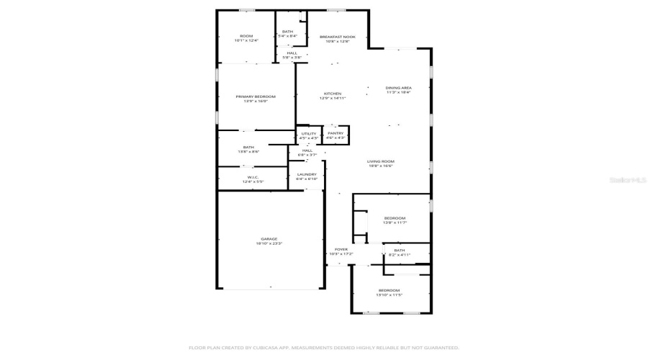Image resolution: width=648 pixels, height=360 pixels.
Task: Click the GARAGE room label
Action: click(x=269, y=239)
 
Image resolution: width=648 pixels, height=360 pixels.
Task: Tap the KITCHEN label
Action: click(x=332, y=94)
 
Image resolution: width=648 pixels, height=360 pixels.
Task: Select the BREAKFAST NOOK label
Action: click(x=338, y=36)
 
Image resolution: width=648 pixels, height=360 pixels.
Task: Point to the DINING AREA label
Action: click(x=398, y=88)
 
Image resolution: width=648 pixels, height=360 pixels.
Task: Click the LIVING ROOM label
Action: click(x=381, y=161)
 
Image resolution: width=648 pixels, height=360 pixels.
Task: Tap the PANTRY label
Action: click(x=336, y=132)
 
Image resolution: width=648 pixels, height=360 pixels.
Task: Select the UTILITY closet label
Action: click(x=309, y=133)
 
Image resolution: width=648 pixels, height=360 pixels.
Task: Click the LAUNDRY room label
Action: click(x=307, y=174)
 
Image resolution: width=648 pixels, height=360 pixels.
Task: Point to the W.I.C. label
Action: click(x=253, y=177)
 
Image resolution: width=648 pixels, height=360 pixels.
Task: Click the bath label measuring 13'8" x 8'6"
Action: click(x=248, y=148)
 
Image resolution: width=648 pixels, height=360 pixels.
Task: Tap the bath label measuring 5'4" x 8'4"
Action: click(x=287, y=32)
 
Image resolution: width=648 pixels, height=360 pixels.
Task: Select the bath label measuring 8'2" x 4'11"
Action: click(x=399, y=251)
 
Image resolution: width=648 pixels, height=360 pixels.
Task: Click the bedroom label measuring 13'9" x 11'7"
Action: click(x=395, y=218)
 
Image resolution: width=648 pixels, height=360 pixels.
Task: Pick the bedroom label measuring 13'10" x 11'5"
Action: click(x=389, y=290)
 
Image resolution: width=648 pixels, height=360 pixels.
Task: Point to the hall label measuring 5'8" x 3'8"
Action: click(x=292, y=53)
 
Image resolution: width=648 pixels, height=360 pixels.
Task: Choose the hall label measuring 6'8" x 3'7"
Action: click(x=307, y=150)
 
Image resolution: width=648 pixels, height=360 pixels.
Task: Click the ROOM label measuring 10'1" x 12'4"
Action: click(x=246, y=36)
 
